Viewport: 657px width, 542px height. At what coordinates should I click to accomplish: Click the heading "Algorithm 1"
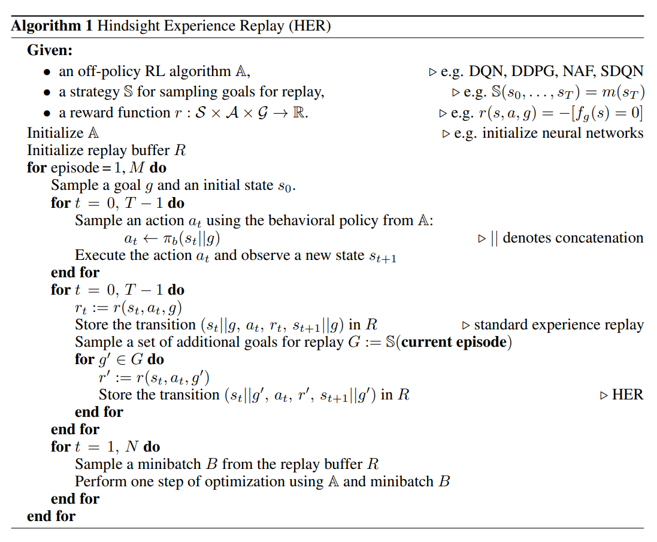click(x=52, y=26)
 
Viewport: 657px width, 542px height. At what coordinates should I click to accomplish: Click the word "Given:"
click(x=50, y=50)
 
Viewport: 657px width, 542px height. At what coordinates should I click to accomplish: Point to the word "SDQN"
click(x=622, y=71)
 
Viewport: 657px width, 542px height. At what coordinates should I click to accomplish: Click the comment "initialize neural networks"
click(x=563, y=132)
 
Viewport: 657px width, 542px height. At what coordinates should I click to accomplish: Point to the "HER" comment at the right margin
click(x=628, y=395)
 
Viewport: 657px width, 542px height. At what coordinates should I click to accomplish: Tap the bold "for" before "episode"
click(x=37, y=168)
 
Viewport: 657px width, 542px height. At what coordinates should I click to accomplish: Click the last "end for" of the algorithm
click(x=52, y=516)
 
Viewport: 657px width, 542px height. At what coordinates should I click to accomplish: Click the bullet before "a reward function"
click(x=47, y=114)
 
